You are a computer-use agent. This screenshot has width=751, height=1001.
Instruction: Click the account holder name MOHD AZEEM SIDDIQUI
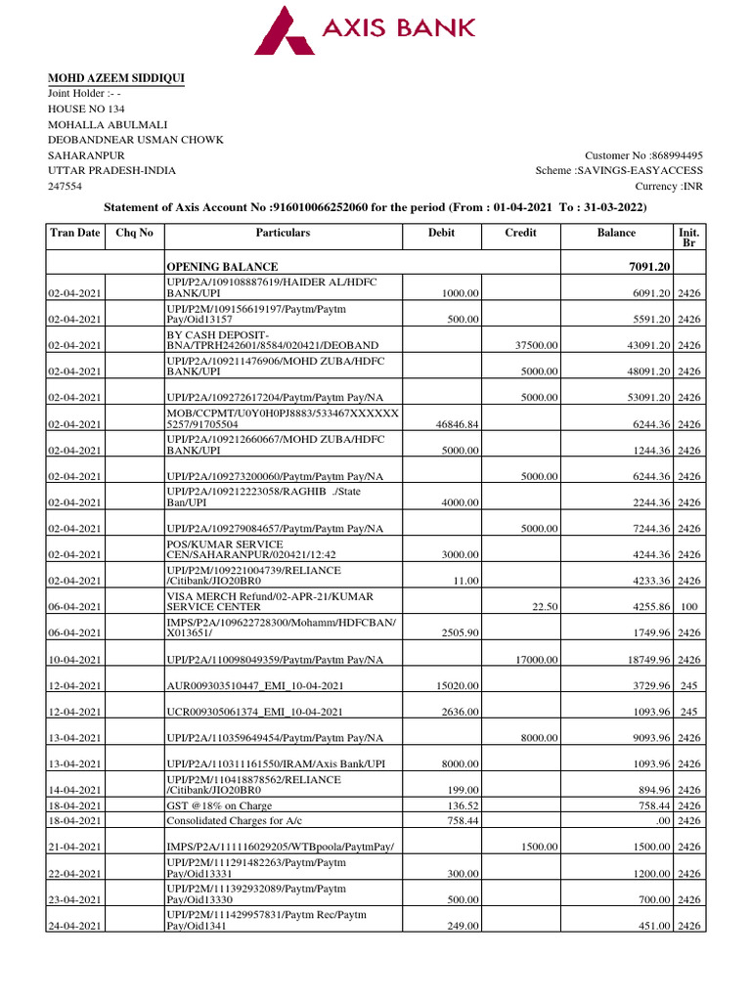click(117, 78)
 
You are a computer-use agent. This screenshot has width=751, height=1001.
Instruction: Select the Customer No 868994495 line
click(643, 155)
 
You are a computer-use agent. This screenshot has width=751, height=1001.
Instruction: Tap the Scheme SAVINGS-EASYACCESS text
click(619, 171)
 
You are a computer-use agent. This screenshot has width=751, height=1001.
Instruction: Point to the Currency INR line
click(669, 186)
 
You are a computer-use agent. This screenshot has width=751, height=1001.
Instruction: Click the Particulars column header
click(283, 234)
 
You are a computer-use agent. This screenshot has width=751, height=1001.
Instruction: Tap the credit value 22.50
click(545, 607)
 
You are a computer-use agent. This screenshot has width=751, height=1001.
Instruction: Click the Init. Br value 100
click(688, 607)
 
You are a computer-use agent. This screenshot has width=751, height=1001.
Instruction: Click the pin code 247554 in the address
click(66, 186)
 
